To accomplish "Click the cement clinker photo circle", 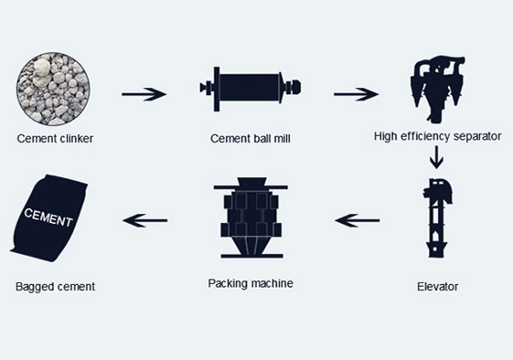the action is [x=53, y=89].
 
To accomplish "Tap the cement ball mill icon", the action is [x=251, y=89].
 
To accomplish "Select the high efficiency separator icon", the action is [x=438, y=90].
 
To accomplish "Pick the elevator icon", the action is [x=437, y=218].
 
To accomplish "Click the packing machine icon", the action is [x=251, y=218].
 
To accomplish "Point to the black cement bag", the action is [x=49, y=218].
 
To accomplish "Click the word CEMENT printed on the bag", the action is [x=48, y=217].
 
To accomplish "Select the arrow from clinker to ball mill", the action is [x=144, y=94].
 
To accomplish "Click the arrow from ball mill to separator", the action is [x=356, y=94].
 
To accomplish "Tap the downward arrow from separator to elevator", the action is [x=436, y=157].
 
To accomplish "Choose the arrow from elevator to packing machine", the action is [x=358, y=220].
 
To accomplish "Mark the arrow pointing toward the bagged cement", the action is [x=144, y=220].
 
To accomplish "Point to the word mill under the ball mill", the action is [x=282, y=139].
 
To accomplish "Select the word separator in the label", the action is [x=477, y=136].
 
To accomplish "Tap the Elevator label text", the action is [x=437, y=287].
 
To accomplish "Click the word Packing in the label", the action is [x=227, y=283].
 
